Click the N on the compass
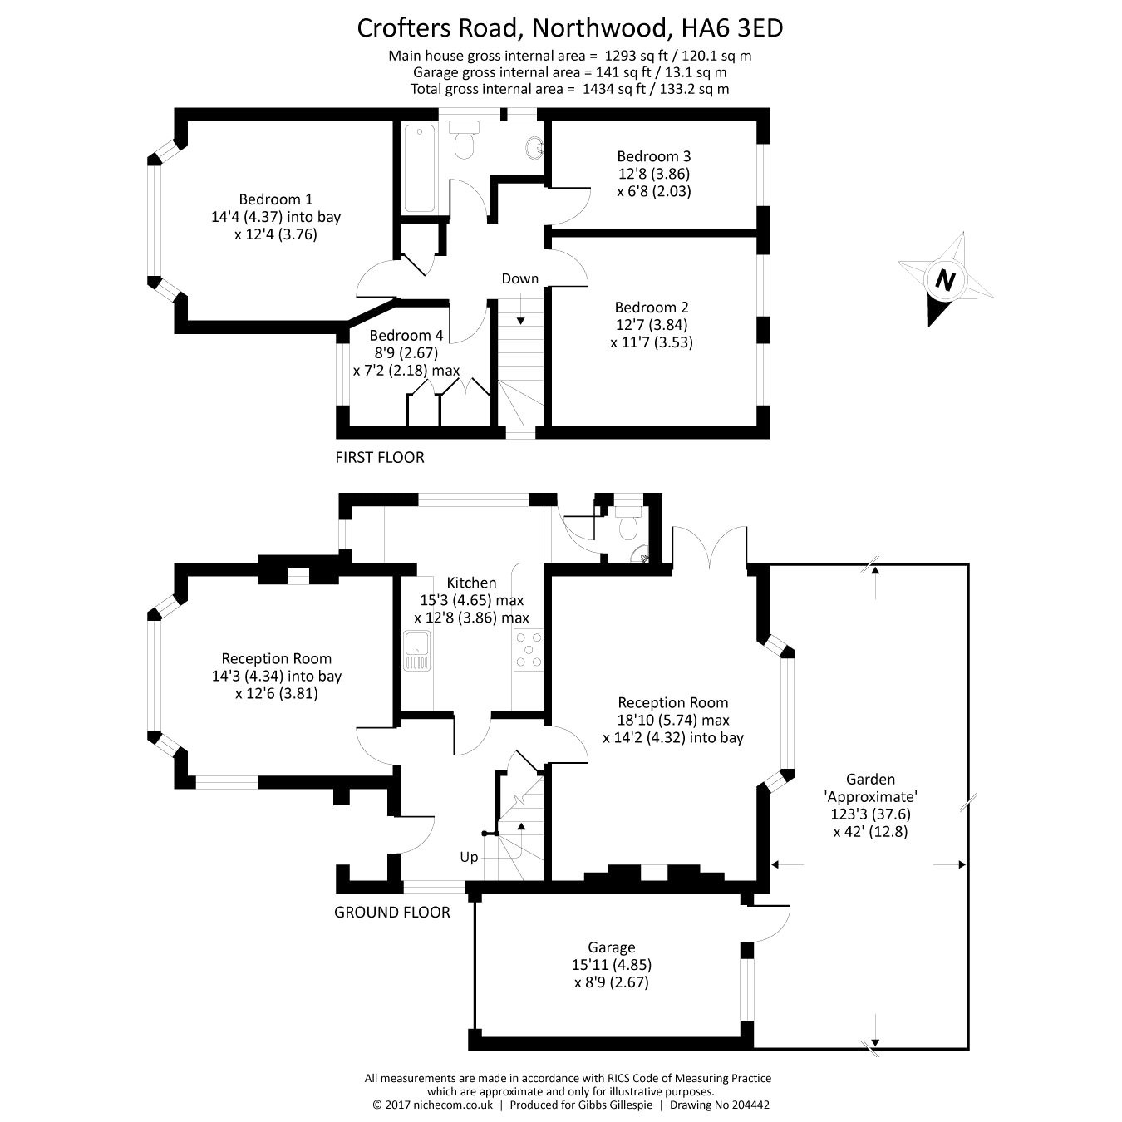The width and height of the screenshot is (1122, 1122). point(944,279)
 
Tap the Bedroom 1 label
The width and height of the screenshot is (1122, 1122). point(275,199)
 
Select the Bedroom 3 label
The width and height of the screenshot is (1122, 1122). point(653,156)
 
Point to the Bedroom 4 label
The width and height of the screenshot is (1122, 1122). point(406,336)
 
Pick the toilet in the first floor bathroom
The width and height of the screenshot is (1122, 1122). point(465,141)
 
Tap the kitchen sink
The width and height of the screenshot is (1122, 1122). point(416,650)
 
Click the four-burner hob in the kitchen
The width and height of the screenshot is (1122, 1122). point(529,650)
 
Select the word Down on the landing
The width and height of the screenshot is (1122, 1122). point(519,279)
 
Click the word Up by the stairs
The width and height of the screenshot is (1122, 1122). point(469,857)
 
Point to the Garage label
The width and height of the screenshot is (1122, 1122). point(611,947)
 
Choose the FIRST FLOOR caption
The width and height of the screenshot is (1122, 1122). point(379,458)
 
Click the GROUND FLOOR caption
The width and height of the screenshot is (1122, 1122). point(391,913)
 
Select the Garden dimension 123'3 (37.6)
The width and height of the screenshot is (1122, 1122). point(870,814)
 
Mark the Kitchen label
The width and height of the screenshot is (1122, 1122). point(471,583)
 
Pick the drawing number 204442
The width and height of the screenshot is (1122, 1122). point(751,1105)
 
